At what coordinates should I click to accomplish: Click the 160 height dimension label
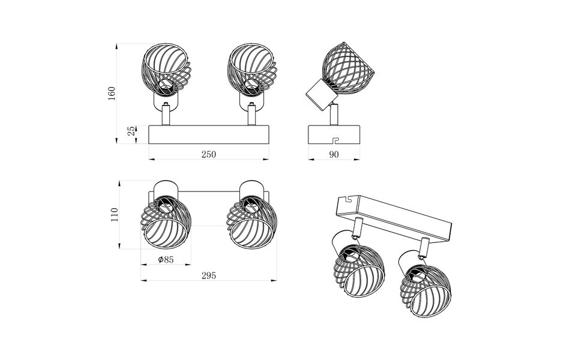point(112,93)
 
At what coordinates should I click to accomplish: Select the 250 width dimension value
point(208,154)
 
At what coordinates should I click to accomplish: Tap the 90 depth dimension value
point(334,154)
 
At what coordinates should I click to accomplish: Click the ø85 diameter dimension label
point(166,260)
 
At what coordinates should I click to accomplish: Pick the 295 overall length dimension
point(208,275)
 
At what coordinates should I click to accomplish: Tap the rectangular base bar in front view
point(208,134)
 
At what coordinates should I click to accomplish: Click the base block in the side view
point(334,134)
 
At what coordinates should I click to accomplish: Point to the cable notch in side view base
point(335,141)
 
